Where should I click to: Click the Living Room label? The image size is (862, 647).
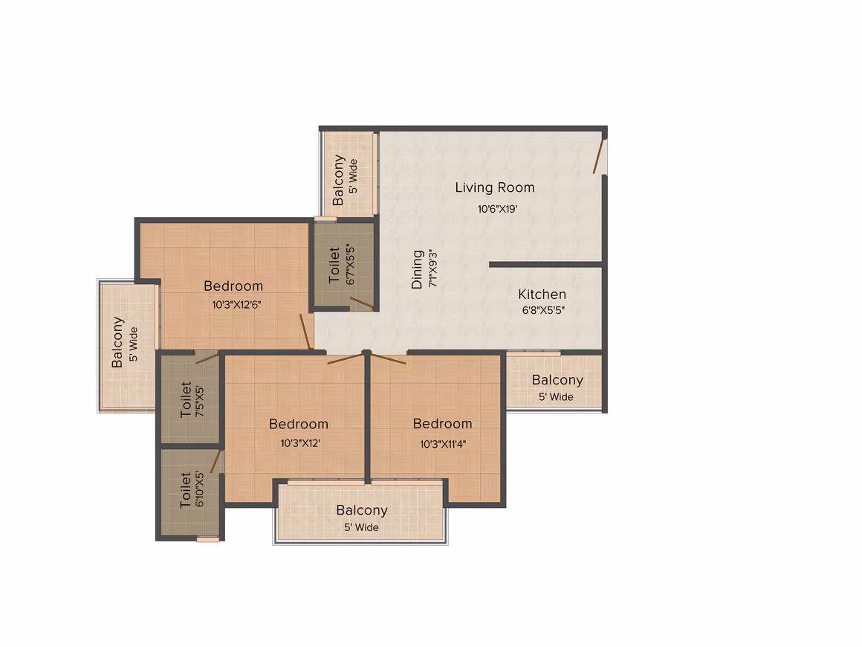click(x=495, y=187)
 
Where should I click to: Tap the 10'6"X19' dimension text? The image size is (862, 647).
click(x=497, y=209)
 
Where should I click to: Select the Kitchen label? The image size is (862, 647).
click(x=542, y=294)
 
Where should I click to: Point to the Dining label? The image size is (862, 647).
click(x=418, y=269)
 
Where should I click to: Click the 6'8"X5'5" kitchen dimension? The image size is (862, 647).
click(x=543, y=310)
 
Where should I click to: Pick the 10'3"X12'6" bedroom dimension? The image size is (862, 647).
click(x=236, y=305)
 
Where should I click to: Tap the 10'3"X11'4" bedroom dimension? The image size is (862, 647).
click(x=443, y=444)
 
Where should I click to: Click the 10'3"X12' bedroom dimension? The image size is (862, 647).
click(x=300, y=443)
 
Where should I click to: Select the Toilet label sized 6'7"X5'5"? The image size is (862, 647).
click(x=334, y=265)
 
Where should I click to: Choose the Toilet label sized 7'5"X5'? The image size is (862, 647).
click(x=186, y=400)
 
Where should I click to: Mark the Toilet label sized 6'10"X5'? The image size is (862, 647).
click(x=186, y=489)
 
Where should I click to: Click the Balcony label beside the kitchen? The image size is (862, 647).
click(x=557, y=380)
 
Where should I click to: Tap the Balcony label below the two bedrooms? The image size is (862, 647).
click(x=362, y=511)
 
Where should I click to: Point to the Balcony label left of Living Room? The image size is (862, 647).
click(x=339, y=180)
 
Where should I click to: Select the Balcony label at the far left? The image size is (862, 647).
click(x=117, y=342)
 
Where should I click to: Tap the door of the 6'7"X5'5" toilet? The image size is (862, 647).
click(x=363, y=303)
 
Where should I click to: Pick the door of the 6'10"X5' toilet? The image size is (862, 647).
click(x=216, y=461)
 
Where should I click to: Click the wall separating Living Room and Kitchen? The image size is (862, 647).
click(x=546, y=265)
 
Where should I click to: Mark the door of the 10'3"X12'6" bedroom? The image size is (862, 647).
click(x=306, y=332)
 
